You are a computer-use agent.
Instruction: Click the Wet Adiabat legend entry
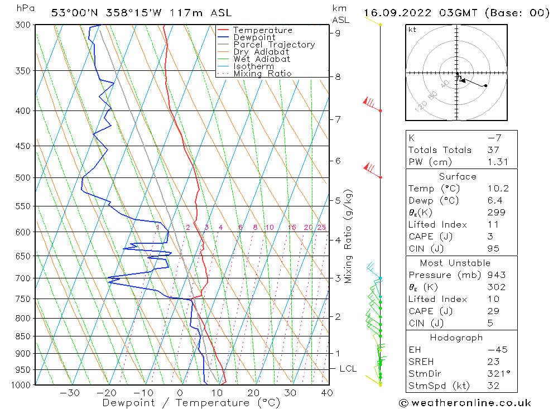262,59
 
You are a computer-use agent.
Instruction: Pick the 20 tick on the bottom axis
254,393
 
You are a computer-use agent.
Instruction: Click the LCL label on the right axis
348,369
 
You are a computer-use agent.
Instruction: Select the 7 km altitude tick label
338,119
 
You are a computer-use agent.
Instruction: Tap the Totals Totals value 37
493,150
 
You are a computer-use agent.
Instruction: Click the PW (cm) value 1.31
496,162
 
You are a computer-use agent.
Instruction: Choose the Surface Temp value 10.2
496,189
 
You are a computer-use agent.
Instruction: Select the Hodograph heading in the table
456,338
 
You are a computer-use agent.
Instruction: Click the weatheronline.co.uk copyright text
465,403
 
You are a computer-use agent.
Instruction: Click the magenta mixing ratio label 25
321,227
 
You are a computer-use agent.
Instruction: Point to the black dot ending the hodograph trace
485,85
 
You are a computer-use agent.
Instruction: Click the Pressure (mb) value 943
495,275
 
